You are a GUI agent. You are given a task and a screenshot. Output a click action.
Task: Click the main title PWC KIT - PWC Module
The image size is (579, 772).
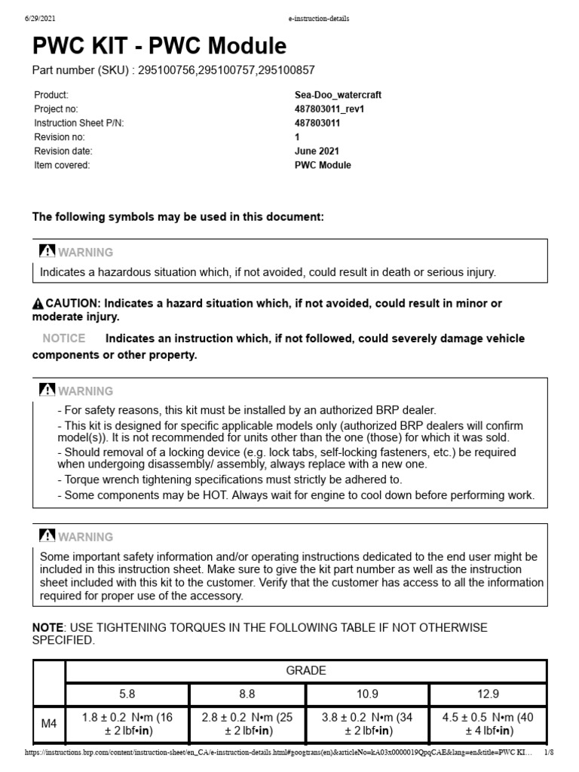tap(159, 47)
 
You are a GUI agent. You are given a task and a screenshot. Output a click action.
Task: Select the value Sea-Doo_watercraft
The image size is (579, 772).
tap(337, 95)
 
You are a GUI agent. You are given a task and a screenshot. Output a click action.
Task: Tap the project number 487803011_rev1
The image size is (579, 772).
tap(329, 109)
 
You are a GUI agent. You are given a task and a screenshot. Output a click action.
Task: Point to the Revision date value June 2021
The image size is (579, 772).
tap(317, 152)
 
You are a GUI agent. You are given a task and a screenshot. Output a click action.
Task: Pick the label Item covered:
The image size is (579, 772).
tap(62, 166)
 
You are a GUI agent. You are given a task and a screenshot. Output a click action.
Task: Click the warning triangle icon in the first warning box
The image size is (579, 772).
tap(47, 252)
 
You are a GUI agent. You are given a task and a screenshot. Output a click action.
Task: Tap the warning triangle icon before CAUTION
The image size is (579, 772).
tap(38, 304)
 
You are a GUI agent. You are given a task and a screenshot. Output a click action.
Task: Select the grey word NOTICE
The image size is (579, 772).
tap(63, 339)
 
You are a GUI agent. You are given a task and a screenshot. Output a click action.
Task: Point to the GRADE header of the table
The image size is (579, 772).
tap(305, 670)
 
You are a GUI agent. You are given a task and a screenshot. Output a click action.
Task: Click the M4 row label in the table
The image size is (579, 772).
tap(49, 725)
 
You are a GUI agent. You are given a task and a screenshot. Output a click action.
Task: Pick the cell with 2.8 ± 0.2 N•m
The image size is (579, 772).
tap(248, 725)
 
